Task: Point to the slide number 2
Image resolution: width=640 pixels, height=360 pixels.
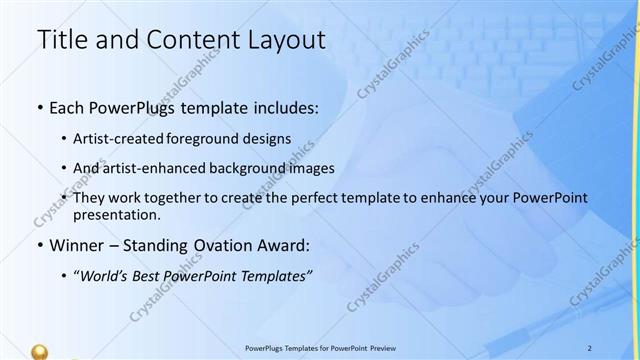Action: (589, 346)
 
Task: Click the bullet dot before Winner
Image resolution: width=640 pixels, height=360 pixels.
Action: (39, 246)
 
